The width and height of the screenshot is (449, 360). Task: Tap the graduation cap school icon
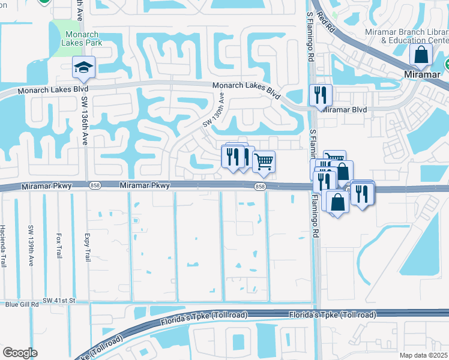[x=83, y=68]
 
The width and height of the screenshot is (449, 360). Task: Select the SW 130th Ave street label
[x=214, y=109]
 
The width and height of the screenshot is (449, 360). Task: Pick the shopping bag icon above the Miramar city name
[x=421, y=55]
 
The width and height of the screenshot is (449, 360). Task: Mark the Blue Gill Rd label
[x=22, y=305]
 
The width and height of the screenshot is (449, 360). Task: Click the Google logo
[x=20, y=353]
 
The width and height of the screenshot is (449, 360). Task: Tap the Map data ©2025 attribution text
[x=423, y=355]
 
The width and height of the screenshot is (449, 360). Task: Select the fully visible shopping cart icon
[x=264, y=161]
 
